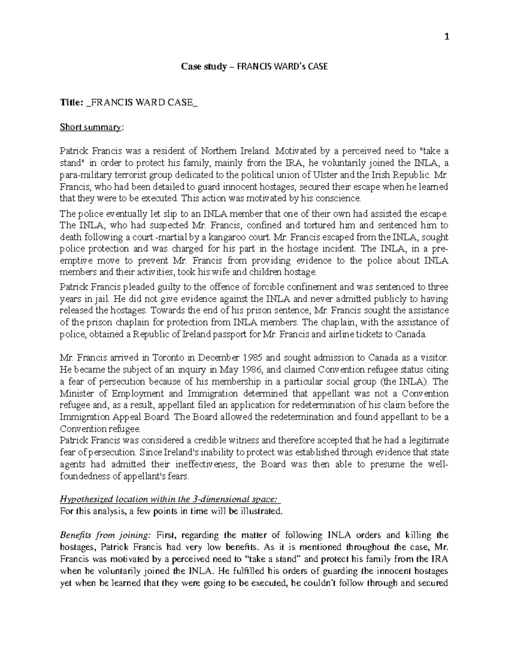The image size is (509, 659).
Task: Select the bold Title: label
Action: (71, 103)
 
